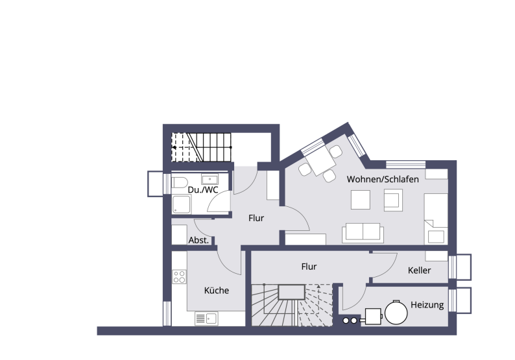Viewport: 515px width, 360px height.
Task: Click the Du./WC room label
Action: tap(203, 190)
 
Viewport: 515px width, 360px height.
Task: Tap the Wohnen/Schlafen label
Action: tap(382, 179)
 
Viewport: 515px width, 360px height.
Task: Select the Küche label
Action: tap(216, 291)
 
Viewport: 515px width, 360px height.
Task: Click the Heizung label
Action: tap(427, 305)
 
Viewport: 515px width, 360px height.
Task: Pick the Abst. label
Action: tap(198, 240)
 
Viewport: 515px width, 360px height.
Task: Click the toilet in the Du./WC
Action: tap(180, 183)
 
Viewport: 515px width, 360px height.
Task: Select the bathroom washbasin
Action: tap(210, 180)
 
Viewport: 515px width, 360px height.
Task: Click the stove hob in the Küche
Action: tap(179, 278)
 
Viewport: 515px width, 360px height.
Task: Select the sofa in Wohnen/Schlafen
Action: tap(363, 232)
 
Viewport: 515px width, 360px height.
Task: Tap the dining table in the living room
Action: tap(318, 162)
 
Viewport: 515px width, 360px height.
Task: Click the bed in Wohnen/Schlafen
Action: tap(435, 221)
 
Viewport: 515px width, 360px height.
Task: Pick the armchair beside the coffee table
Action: tap(392, 200)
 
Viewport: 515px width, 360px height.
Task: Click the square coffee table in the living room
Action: tap(361, 200)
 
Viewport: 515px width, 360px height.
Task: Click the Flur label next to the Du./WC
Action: tap(256, 219)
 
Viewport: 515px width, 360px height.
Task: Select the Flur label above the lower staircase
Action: tap(309, 267)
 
